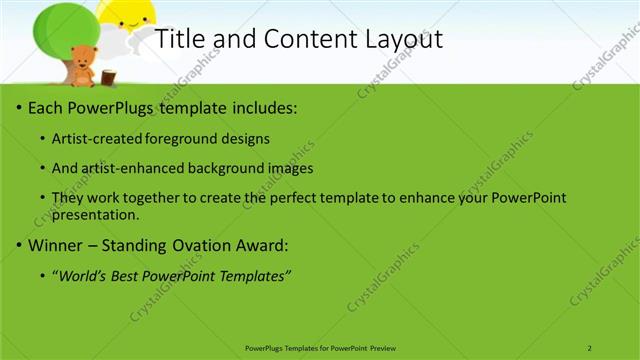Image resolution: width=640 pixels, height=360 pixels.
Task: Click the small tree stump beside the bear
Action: click(108, 76)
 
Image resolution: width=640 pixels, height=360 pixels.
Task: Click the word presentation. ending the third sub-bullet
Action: click(95, 214)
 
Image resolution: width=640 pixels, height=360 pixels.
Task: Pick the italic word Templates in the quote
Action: click(254, 276)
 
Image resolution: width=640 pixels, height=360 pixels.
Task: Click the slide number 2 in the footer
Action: click(590, 347)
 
